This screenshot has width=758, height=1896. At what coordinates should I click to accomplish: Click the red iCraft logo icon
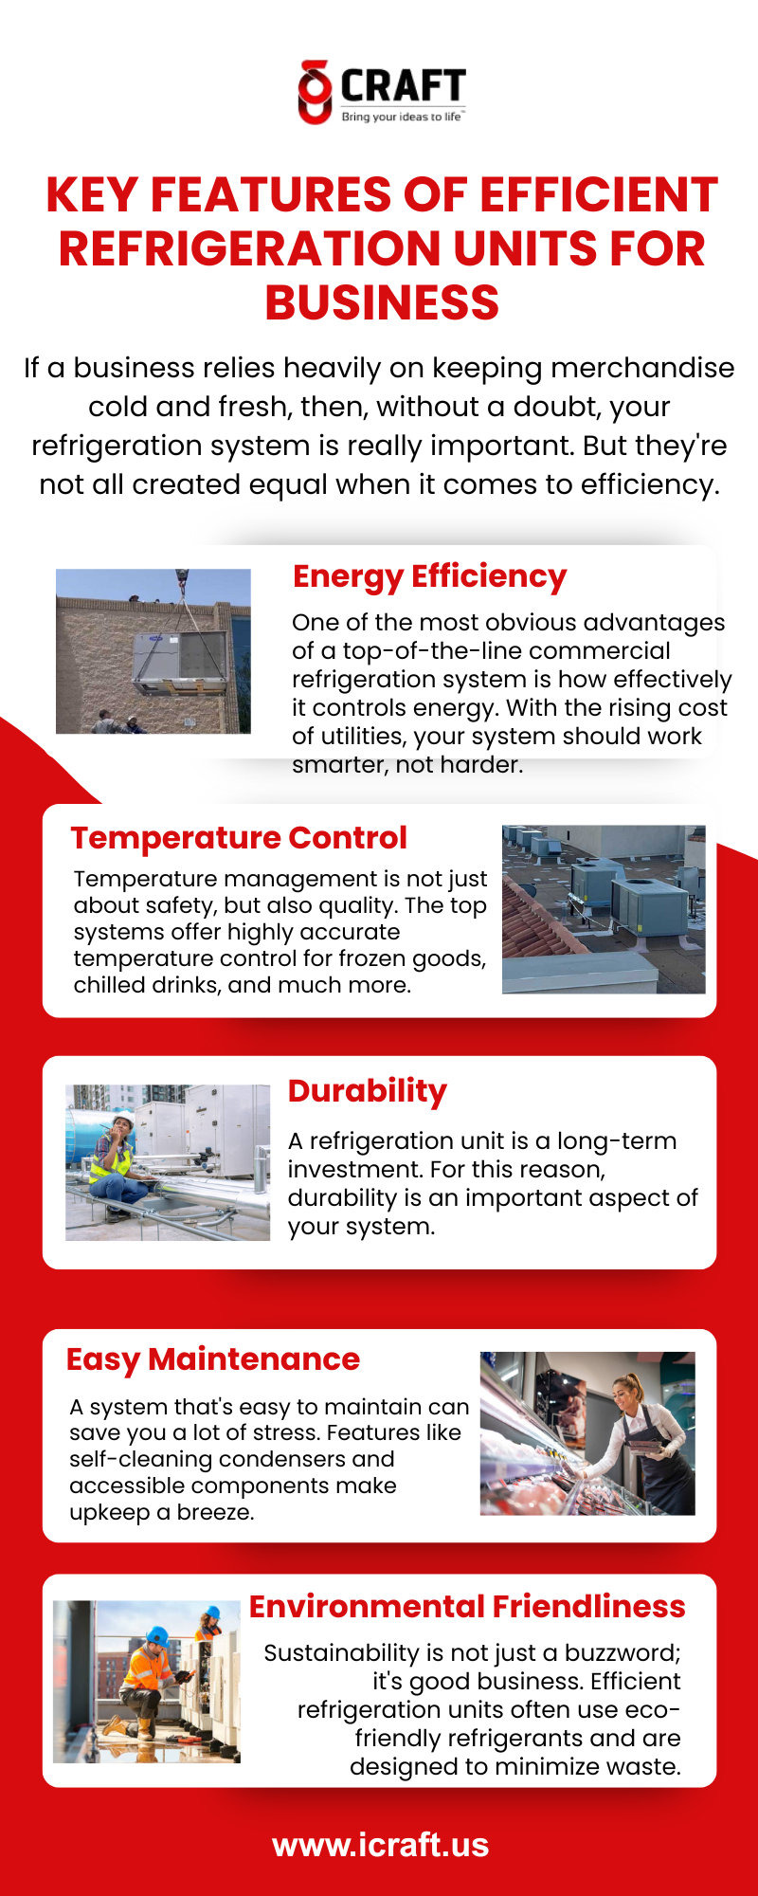pos(315,92)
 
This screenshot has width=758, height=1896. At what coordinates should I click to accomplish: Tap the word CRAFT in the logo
pos(403,87)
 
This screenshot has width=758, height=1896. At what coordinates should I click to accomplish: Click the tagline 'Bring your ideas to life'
pos(402,117)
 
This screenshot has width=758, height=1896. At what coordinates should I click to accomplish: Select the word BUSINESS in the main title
pos(382,302)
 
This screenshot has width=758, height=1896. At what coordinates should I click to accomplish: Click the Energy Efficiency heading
pos(429,576)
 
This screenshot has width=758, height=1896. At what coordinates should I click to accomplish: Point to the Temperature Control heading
pos(239,838)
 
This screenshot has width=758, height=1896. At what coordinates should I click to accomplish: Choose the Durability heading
pos(368,1091)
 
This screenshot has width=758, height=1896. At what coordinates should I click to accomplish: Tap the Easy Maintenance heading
pos(213,1359)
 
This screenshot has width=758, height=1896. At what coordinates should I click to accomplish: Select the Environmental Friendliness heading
pos(467,1606)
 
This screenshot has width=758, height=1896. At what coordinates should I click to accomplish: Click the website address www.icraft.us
pos(381,1845)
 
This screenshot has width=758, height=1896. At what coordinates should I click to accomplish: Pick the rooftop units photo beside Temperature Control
pos(604,909)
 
